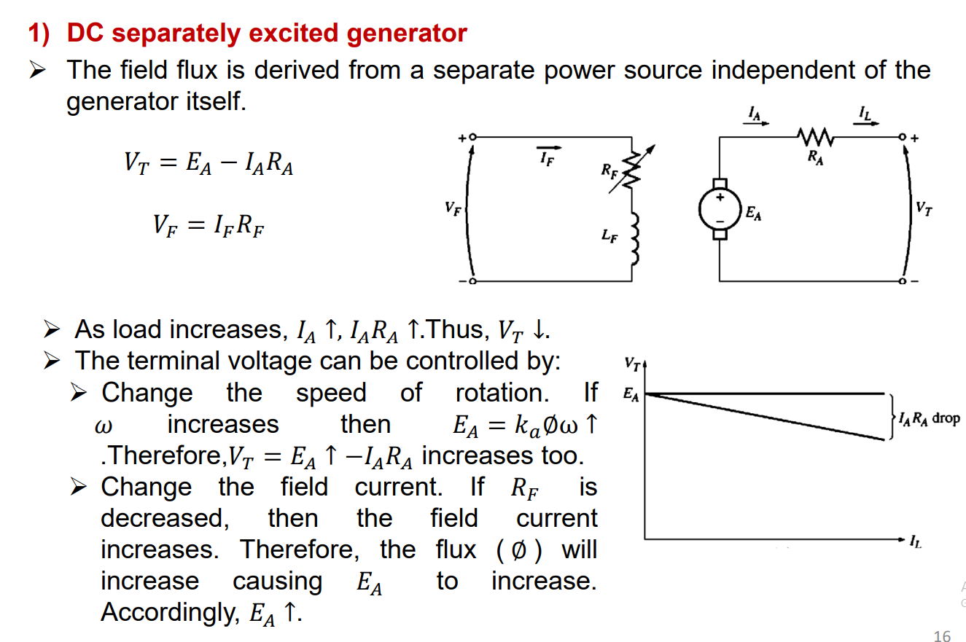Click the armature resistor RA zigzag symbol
[814, 136]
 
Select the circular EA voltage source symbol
[720, 209]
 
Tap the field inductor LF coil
[633, 238]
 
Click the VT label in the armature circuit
[924, 209]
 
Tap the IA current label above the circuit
[755, 113]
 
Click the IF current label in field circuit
[545, 159]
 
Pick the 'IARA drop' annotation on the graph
[930, 418]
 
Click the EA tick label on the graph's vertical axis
[631, 396]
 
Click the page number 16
[942, 635]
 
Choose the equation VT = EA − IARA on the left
[209, 164]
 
